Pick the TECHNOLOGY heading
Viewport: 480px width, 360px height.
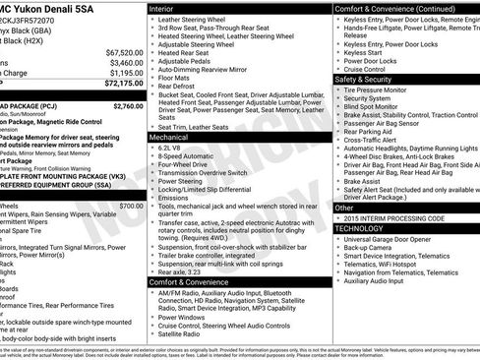(359, 227)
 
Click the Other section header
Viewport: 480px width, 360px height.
(344, 208)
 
